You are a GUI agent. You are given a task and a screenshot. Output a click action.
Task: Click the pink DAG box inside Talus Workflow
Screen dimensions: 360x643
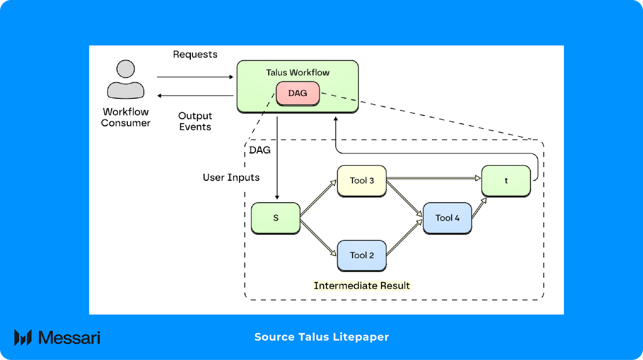[297, 93]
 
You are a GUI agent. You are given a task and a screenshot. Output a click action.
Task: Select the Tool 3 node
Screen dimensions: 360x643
[362, 180]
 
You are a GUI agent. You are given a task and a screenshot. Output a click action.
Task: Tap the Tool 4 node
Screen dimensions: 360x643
[447, 218]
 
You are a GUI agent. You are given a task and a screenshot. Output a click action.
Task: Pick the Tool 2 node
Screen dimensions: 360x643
[362, 255]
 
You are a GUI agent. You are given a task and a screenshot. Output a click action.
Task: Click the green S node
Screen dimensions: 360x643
[276, 218]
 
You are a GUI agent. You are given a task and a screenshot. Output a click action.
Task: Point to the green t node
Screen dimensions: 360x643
[506, 180]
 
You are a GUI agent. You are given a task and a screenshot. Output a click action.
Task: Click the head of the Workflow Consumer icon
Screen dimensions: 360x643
[125, 69]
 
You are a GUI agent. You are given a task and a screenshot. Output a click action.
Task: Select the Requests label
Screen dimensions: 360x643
[195, 54]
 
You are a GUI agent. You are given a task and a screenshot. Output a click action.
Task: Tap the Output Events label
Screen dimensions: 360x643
[195, 121]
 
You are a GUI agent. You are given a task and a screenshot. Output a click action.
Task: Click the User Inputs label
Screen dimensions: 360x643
[231, 178]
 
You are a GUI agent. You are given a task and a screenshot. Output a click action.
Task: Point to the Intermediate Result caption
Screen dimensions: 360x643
[362, 286]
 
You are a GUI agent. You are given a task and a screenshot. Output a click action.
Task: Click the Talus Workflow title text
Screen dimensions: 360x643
[297, 73]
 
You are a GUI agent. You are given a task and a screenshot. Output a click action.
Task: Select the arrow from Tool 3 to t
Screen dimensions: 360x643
[434, 178]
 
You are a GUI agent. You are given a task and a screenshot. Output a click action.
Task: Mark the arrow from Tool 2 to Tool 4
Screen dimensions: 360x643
[404, 237]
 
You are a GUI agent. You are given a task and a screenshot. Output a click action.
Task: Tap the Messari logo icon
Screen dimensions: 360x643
[23, 337]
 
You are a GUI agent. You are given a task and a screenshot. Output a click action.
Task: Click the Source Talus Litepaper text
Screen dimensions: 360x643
[321, 337]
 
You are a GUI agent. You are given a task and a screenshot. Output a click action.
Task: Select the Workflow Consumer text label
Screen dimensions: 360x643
[126, 117]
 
